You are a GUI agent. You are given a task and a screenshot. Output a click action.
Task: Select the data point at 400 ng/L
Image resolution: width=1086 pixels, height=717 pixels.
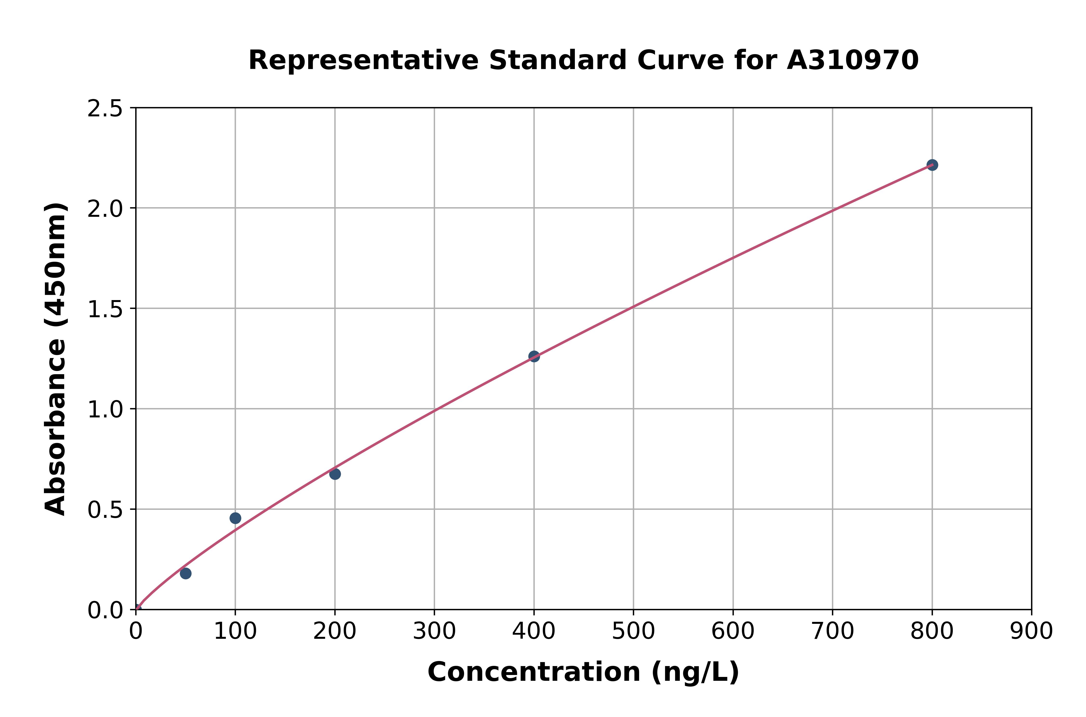point(534,356)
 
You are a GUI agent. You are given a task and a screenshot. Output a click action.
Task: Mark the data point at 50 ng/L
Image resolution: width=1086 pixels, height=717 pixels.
point(186,573)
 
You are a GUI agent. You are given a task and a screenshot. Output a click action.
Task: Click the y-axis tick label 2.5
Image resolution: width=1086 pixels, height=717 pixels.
point(105,109)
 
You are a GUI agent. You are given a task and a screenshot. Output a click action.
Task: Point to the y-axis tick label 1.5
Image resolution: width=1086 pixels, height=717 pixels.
point(105,309)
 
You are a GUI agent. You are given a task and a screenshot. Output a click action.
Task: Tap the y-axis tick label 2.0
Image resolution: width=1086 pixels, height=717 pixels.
point(105,209)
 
